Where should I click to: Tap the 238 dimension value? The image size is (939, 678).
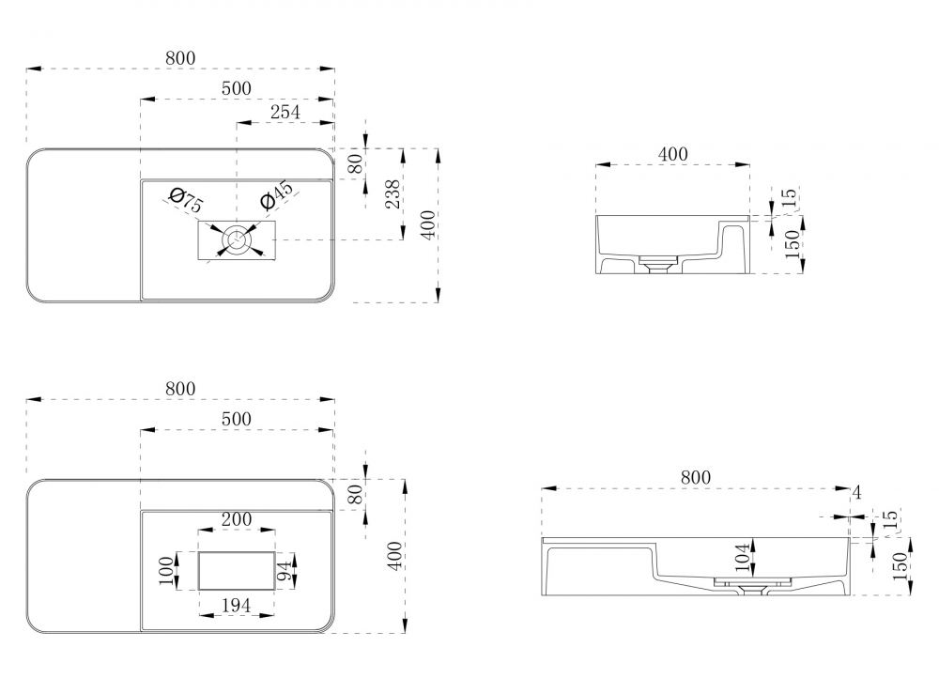(394, 193)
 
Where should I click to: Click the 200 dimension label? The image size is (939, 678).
(236, 518)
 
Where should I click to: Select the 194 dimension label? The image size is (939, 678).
(235, 607)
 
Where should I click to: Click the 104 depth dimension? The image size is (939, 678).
(742, 558)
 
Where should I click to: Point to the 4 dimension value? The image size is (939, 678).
(856, 492)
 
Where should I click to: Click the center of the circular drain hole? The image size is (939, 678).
(236, 240)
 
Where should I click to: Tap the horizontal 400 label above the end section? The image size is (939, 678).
(672, 154)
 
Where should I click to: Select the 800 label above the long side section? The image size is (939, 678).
(695, 478)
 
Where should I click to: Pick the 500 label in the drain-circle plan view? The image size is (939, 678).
(236, 87)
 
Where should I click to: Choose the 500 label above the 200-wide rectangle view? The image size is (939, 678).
(236, 419)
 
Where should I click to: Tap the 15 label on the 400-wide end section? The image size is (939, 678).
(790, 197)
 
